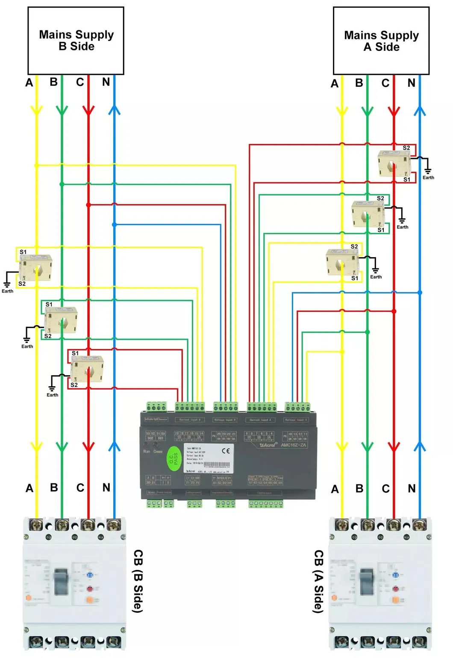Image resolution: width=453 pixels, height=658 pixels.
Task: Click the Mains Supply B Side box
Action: coord(76,40)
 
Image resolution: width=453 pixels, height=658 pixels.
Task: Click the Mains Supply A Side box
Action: coord(381,41)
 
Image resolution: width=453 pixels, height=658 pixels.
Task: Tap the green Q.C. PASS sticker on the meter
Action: coord(174,458)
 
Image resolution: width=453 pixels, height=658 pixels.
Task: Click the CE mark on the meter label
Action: coord(226,451)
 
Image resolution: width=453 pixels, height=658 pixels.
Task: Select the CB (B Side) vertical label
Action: coord(138,581)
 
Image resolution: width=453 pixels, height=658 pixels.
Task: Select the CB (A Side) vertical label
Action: coord(319,581)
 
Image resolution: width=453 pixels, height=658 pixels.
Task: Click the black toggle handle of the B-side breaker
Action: coord(61,582)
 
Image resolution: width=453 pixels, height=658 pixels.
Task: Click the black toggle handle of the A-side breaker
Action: coord(367,582)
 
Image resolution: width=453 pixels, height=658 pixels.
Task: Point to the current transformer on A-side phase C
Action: coord(394,163)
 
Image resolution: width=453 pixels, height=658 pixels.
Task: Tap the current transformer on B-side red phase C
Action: coord(88,370)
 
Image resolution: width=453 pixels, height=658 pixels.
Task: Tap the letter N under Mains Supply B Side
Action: coord(106,82)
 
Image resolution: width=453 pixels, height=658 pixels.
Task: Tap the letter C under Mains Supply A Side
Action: coord(385,83)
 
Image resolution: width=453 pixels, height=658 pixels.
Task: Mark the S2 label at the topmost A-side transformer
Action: coord(406,148)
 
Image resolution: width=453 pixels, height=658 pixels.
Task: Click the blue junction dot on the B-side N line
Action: coord(114,224)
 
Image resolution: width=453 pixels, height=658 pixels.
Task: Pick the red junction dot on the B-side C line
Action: coord(88,205)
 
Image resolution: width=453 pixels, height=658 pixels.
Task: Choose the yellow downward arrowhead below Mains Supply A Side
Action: coord(341,112)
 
